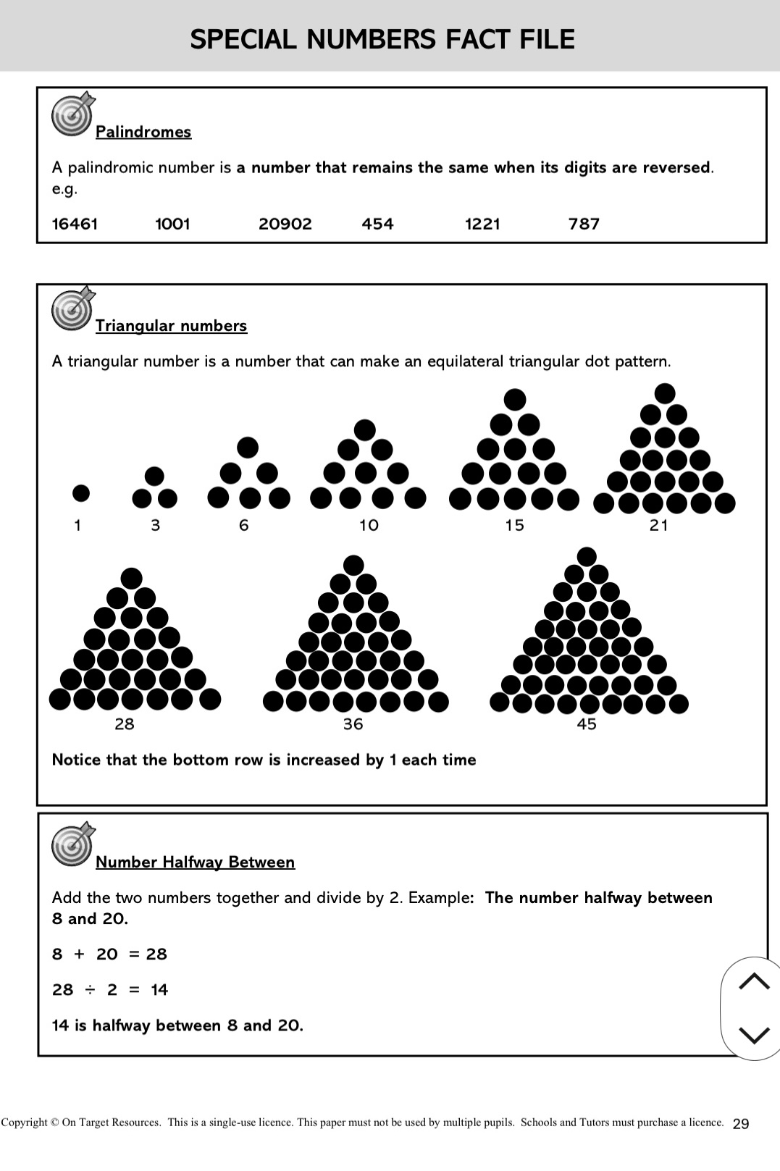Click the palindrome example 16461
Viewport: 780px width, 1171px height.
click(x=75, y=224)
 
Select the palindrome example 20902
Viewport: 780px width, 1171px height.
click(x=285, y=224)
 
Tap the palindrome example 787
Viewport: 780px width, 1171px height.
click(x=584, y=224)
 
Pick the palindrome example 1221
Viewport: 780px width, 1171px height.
click(x=482, y=224)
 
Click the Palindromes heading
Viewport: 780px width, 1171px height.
click(x=143, y=132)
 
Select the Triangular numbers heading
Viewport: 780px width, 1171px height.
click(x=171, y=326)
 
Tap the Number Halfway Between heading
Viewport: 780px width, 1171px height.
click(x=195, y=862)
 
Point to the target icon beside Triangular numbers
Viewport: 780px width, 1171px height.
click(x=72, y=309)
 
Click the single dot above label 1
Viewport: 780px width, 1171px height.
click(x=81, y=493)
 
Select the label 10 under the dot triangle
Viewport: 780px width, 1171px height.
click(x=369, y=526)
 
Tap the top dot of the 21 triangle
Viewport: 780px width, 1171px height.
click(x=664, y=394)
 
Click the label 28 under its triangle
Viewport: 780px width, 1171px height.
click(x=125, y=724)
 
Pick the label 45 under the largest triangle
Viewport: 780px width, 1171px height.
click(x=587, y=724)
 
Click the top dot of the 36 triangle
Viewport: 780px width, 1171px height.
click(x=353, y=565)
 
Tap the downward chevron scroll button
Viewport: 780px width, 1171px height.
click(x=754, y=1035)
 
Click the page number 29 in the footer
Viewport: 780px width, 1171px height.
click(x=741, y=1124)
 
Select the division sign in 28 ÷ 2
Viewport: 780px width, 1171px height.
click(x=90, y=990)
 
